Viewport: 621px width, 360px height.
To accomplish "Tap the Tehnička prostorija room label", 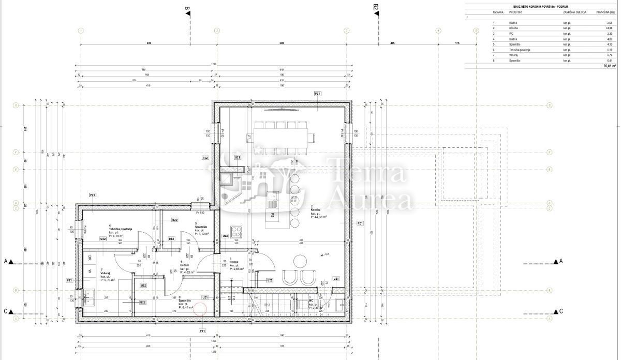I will [121, 229].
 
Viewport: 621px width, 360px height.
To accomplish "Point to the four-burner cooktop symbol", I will [235, 231].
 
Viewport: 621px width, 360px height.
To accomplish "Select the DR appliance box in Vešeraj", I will [90, 258].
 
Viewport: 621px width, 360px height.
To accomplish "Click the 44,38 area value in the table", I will [609, 28].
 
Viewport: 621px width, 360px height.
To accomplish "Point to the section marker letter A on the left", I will [6, 262].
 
